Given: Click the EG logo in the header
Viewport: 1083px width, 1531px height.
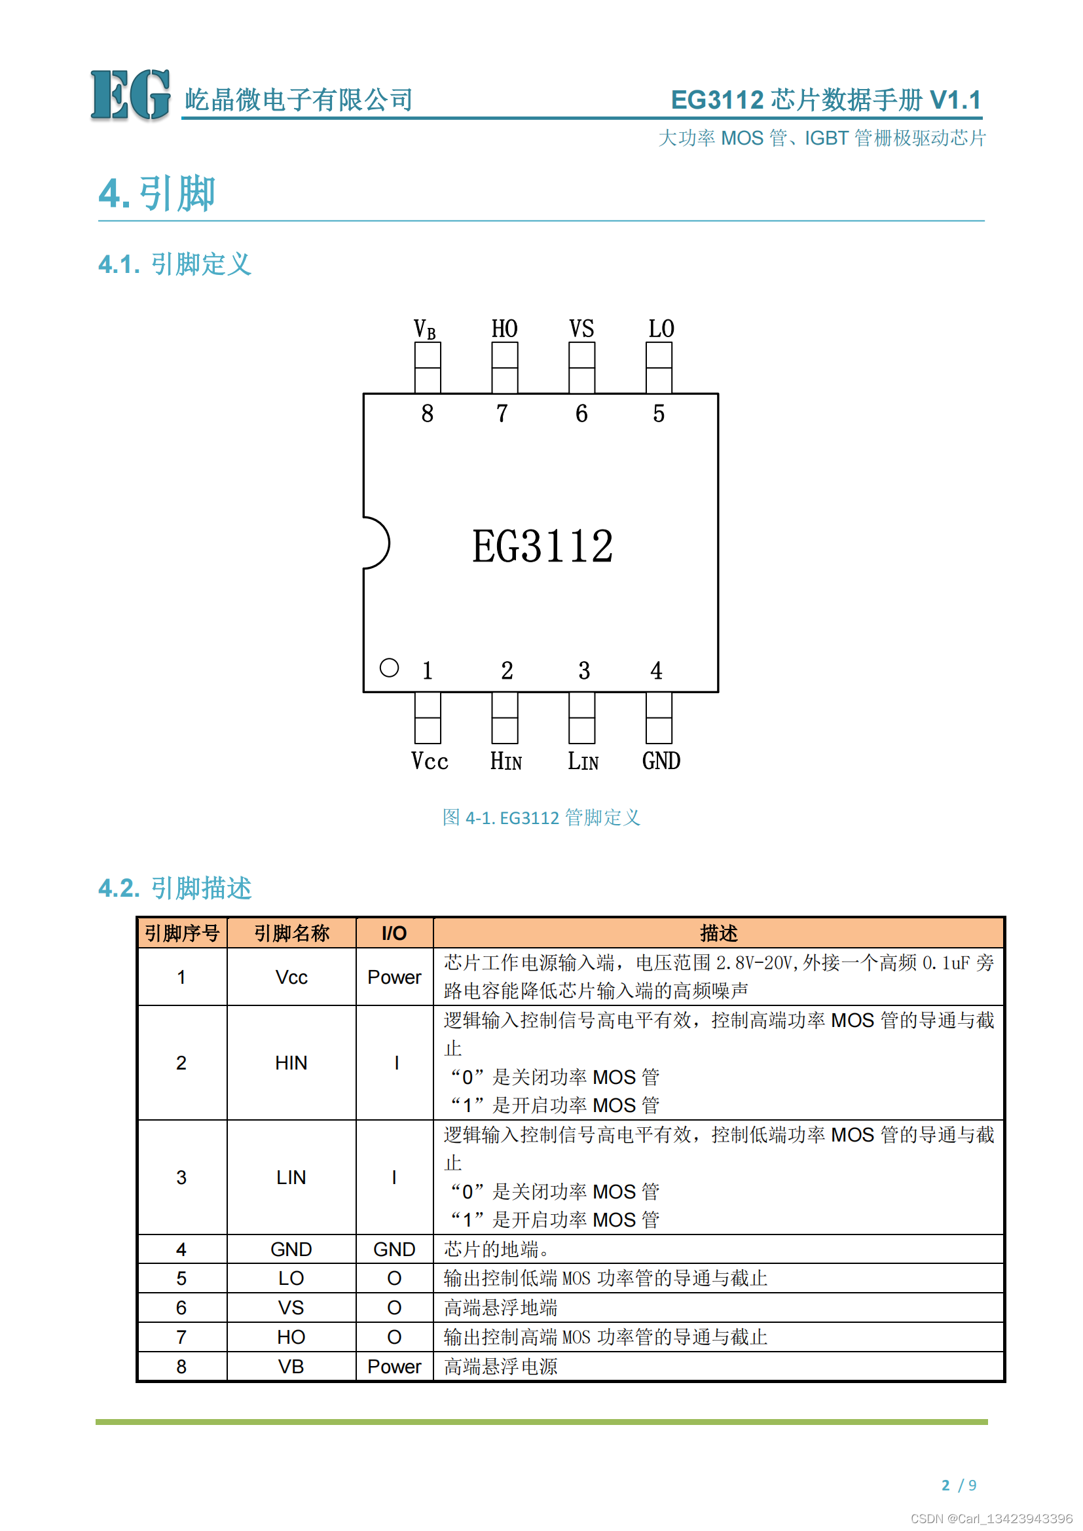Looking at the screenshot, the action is [130, 95].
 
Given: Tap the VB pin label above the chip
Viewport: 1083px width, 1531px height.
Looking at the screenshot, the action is [425, 329].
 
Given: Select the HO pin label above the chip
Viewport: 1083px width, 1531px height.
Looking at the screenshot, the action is [504, 329].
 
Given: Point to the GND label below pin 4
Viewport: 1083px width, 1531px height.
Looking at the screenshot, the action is [661, 761].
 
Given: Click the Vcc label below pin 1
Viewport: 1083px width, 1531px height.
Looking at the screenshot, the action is [430, 761].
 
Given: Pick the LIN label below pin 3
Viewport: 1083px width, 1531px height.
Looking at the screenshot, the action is [583, 761].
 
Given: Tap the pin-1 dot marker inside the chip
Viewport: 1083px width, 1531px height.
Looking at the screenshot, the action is [389, 668].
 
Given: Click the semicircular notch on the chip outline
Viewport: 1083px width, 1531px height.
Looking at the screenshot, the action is [376, 543].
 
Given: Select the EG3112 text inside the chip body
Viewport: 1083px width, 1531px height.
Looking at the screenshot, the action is [542, 546].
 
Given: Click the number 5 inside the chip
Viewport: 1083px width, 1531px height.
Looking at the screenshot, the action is [659, 414].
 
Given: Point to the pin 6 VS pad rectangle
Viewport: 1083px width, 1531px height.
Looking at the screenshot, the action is [581, 367].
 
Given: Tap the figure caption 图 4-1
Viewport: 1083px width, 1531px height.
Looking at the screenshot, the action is [541, 818].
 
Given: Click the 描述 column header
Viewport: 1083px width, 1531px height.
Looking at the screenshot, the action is [718, 933].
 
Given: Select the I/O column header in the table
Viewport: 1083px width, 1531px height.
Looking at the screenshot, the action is [394, 933].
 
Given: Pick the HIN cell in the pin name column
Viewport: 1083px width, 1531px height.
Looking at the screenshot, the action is [291, 1063].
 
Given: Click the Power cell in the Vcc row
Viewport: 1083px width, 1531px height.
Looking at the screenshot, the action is [394, 977].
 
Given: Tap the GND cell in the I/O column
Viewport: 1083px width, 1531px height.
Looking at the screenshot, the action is [394, 1250].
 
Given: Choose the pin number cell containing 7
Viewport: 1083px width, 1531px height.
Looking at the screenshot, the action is [181, 1337].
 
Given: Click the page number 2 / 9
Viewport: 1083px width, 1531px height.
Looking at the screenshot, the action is [959, 1485].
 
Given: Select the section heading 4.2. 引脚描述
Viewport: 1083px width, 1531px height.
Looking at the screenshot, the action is [175, 888].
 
